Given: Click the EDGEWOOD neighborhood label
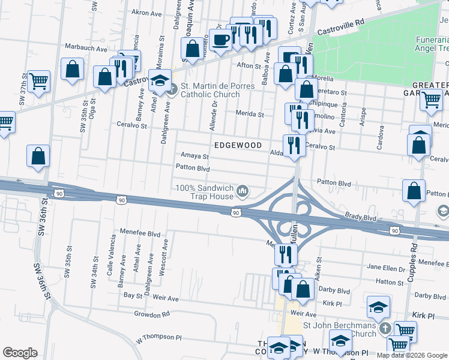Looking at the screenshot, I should (x=238, y=146).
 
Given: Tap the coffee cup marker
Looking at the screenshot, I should (x=220, y=40).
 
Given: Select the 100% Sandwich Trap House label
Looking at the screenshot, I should (x=204, y=192).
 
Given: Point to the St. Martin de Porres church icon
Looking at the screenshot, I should (x=172, y=91).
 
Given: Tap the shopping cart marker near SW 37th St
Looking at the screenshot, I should (x=38, y=80).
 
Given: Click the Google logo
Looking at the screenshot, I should (x=20, y=353).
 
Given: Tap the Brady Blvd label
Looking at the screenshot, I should (x=360, y=219).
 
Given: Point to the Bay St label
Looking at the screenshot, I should (x=131, y=296).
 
